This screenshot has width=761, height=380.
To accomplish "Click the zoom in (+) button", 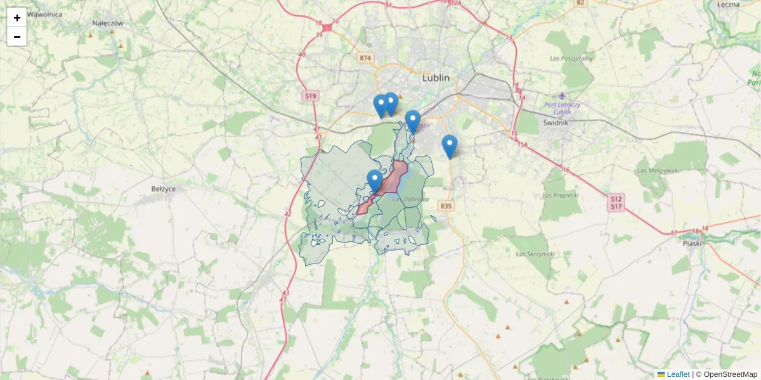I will (x=16, y=17).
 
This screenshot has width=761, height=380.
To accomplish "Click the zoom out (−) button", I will (x=16, y=37).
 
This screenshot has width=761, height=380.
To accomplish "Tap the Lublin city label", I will (x=436, y=78).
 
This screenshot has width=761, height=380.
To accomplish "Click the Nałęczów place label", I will (x=107, y=23).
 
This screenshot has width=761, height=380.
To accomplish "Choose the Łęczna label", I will (x=729, y=4).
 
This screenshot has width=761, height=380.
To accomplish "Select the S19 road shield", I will (x=310, y=96).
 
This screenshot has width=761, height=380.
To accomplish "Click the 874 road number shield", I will (x=365, y=58).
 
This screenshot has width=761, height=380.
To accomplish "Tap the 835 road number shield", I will (x=446, y=206).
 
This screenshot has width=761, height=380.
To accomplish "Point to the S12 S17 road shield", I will (x=616, y=203).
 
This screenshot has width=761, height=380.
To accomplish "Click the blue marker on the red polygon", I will (x=375, y=180).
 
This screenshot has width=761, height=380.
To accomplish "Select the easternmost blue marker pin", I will (x=449, y=145).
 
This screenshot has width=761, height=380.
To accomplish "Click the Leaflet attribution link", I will (x=677, y=374).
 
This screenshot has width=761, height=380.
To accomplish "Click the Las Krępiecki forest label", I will (x=561, y=195).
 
